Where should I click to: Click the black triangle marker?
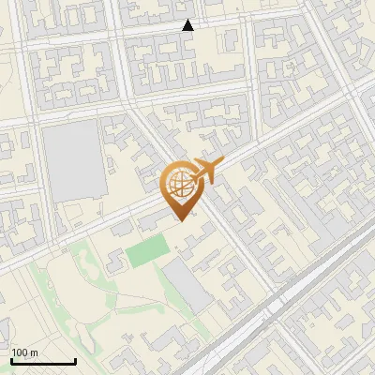point(188,25)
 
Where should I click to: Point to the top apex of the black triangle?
point(188,20)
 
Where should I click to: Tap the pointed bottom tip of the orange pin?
point(180,220)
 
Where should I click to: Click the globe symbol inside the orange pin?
point(179,183)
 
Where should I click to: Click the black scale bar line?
point(43,362)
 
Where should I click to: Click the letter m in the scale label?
point(35,352)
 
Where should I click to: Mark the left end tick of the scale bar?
point(11,360)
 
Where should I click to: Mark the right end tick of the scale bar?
point(75,360)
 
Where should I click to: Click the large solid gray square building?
point(73,159)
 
